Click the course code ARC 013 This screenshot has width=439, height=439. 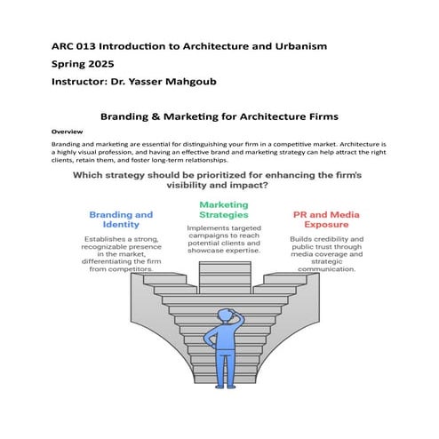pos(72,45)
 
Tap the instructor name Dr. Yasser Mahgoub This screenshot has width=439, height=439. pos(167,81)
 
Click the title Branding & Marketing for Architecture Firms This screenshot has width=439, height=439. pos(219,116)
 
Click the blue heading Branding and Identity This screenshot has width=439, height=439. pos(122,219)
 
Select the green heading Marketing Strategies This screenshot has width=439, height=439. pos(223,210)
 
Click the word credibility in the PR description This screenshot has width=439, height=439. pos(332,239)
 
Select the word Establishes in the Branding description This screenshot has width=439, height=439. pos(110,239)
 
